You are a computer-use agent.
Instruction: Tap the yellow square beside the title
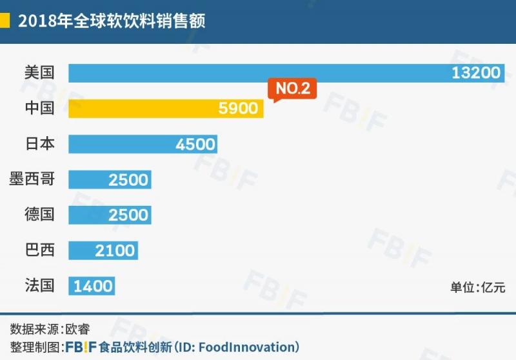coord(5,21)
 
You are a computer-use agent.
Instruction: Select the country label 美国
coord(39,73)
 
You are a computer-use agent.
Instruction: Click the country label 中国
coord(39,108)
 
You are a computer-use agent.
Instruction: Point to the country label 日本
coord(39,144)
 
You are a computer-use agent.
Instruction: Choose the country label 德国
coord(39,215)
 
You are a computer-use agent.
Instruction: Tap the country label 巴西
coord(39,250)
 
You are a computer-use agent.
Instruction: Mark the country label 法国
coord(39,285)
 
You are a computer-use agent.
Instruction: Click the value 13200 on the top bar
coord(476,73)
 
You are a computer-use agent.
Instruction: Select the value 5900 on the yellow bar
coord(238,108)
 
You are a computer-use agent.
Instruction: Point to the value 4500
coord(195,144)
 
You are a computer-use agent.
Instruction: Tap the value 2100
coord(115,250)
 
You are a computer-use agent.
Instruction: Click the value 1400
coord(94,285)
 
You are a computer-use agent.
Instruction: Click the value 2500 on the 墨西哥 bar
coord(128,179)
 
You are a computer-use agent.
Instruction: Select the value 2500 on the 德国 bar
coord(128,215)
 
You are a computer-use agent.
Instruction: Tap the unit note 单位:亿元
coord(478,288)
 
